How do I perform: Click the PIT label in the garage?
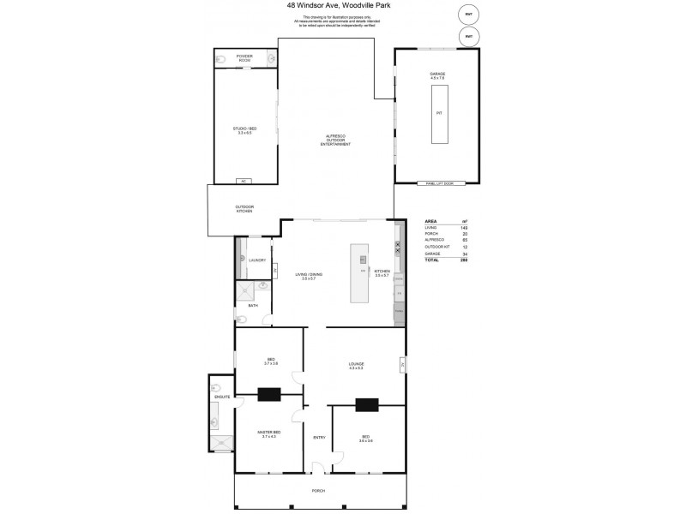[438, 113]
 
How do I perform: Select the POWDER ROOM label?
[245, 59]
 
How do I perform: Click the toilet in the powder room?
[220, 59]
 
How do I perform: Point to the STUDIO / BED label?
[244, 131]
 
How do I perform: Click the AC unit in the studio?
[244, 181]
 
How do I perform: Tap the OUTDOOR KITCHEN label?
[244, 209]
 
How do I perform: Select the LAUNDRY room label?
[257, 260]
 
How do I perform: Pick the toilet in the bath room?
[242, 320]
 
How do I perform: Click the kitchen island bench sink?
[363, 260]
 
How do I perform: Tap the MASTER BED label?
[269, 435]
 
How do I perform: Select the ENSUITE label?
[218, 397]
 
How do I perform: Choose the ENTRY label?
[319, 438]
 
